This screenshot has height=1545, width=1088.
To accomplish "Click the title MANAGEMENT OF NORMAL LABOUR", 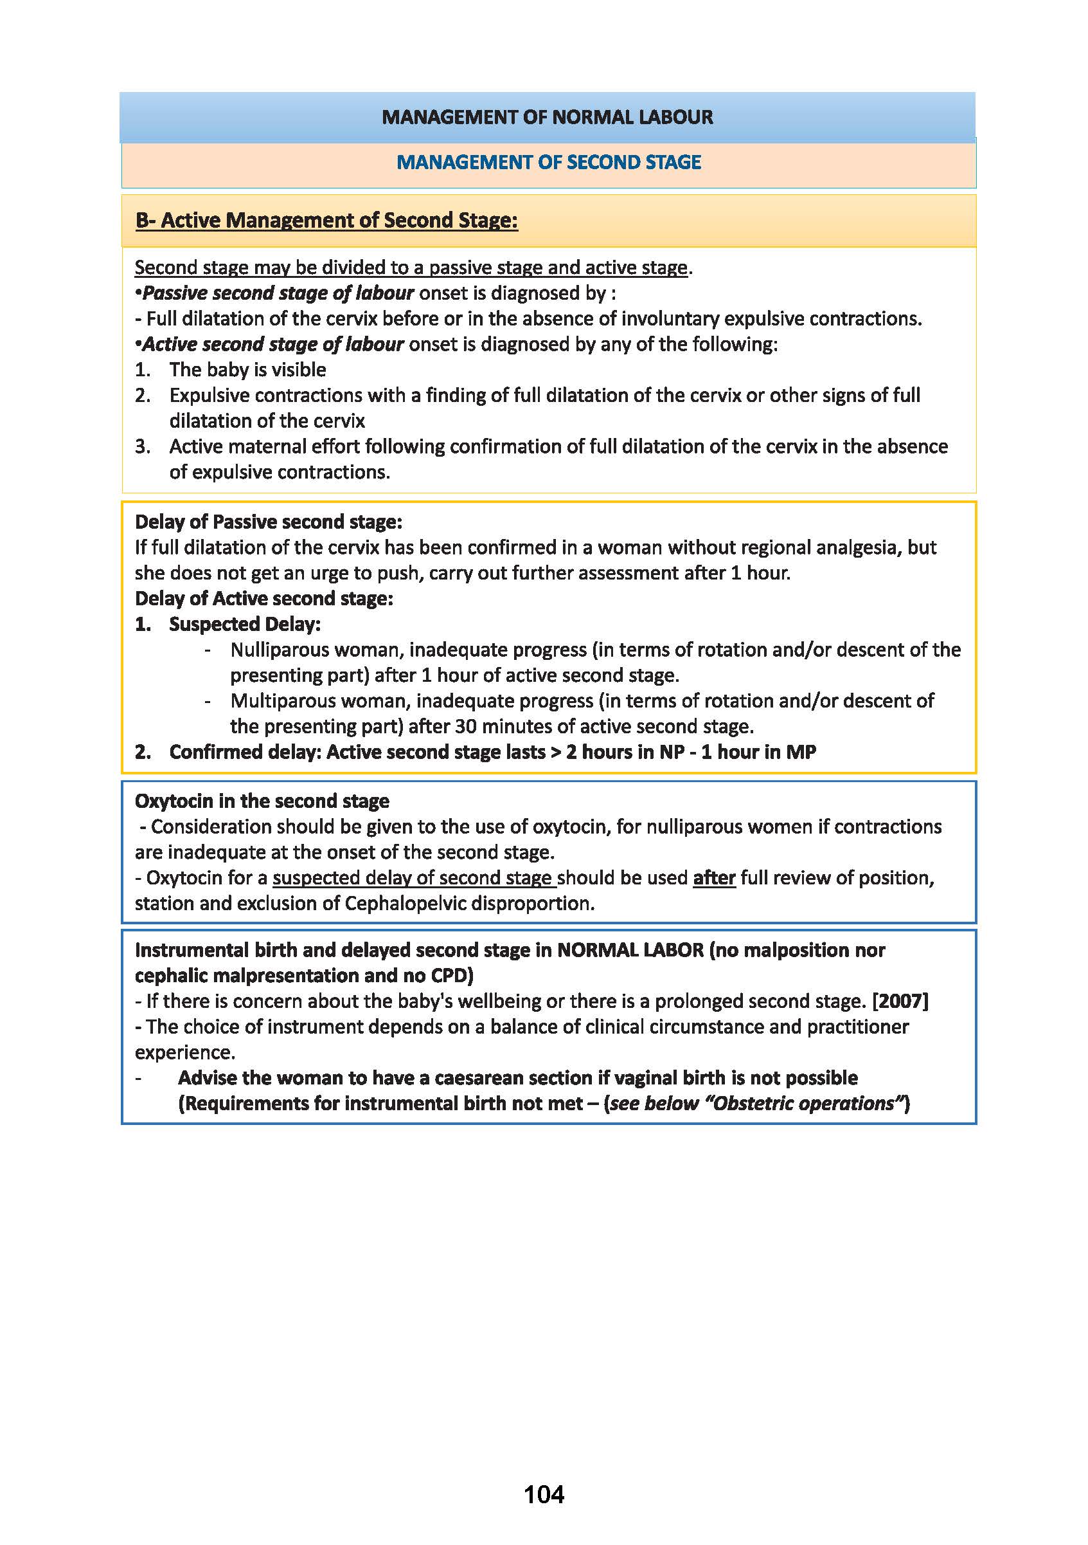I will click(x=547, y=117).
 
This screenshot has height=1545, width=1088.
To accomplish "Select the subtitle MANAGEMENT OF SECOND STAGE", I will click(x=548, y=162).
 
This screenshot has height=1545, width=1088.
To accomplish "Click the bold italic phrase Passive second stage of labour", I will click(x=278, y=293).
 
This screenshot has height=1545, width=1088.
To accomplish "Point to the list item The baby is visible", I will click(x=247, y=369).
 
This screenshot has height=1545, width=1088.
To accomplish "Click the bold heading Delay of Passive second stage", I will click(x=268, y=522).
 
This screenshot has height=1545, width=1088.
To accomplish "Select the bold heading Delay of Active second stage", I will click(x=263, y=598).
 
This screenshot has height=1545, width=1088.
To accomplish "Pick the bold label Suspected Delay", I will click(x=245, y=624).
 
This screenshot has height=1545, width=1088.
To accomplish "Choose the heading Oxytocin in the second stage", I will click(x=262, y=801).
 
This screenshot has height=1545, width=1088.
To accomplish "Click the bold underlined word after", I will click(x=713, y=877).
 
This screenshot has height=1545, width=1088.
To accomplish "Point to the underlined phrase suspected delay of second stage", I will click(x=414, y=877).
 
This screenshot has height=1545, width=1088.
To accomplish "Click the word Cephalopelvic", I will click(x=402, y=903).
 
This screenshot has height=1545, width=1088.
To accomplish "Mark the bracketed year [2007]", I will click(x=900, y=1001).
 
